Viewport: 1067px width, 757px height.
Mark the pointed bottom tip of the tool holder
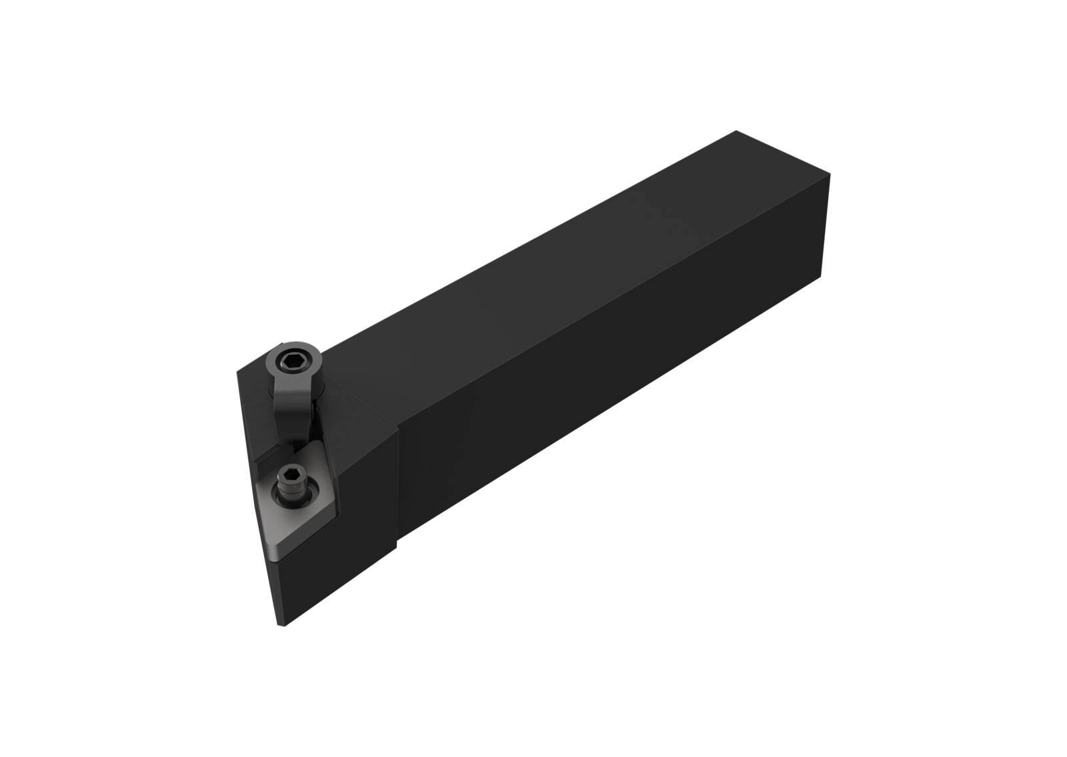[281, 624]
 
